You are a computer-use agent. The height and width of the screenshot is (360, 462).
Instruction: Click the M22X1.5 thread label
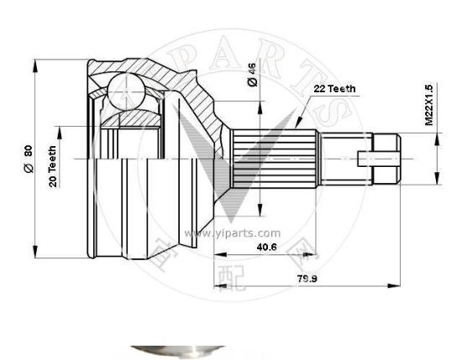(428, 105)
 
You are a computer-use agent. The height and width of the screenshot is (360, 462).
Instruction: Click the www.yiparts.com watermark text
(220, 234)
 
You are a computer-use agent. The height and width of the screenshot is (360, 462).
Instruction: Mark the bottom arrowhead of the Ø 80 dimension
(35, 253)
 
